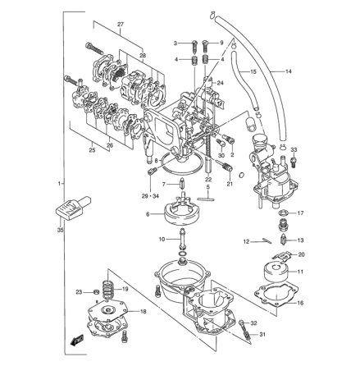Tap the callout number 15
[253, 72]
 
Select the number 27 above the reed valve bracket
[121, 25]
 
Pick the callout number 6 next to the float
[148, 215]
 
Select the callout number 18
[144, 313]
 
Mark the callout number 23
[79, 291]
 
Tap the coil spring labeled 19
[105, 290]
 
